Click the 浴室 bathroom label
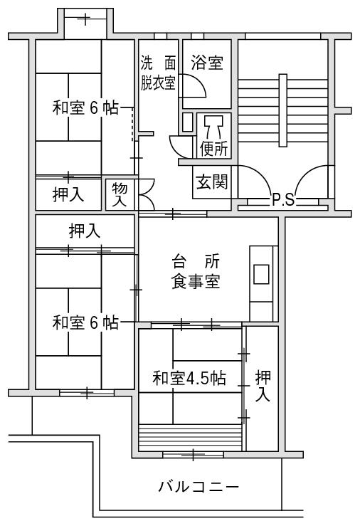pyautogui.click(x=207, y=63)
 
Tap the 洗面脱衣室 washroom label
pyautogui.click(x=158, y=73)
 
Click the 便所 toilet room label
pyautogui.click(x=214, y=149)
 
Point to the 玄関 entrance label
pyautogui.click(x=212, y=182)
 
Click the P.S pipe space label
pyautogui.click(x=283, y=201)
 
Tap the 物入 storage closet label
pyautogui.click(x=120, y=195)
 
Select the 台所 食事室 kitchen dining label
pyautogui.click(x=196, y=271)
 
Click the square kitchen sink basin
pyautogui.click(x=261, y=275)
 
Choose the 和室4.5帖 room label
pyautogui.click(x=189, y=378)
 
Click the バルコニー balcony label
pyautogui.click(x=198, y=487)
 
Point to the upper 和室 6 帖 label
pyautogui.click(x=85, y=108)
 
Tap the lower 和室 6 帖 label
pyautogui.click(x=85, y=322)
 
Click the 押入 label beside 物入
pyautogui.click(x=68, y=194)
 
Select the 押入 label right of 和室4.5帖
pyautogui.click(x=263, y=386)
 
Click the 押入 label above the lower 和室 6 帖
pyautogui.click(x=85, y=231)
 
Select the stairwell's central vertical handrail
pyautogui.click(x=283, y=110)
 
